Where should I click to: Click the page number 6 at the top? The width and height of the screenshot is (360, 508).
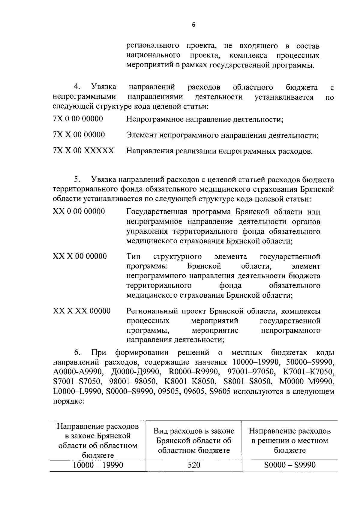coord(193,25)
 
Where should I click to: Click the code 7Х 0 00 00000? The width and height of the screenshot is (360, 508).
coord(78,119)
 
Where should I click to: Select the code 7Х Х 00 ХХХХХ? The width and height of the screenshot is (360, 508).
coord(83,151)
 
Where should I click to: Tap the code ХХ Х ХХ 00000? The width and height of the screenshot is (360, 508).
coord(82,311)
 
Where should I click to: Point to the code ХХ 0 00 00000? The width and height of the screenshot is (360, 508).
coord(79,212)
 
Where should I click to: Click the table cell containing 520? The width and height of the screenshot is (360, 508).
coord(193,465)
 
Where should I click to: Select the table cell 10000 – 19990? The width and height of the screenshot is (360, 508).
coord(98,465)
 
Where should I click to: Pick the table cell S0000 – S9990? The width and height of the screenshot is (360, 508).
coord(290,465)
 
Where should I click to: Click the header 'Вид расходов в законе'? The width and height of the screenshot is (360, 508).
coord(194,431)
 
